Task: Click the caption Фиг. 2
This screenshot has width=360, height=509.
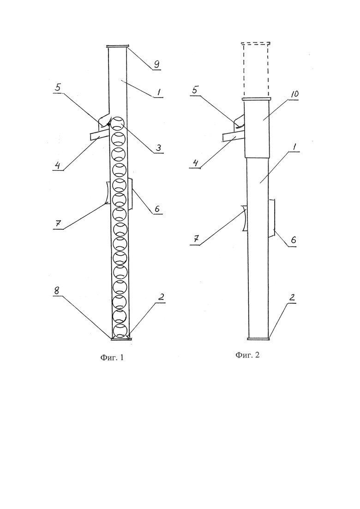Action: pos(247,355)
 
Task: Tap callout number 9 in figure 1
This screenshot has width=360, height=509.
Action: pos(156,64)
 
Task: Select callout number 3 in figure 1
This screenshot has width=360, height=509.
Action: pos(158,148)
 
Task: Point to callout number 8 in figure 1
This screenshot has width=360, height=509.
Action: pos(57,291)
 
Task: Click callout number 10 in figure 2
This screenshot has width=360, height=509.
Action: pos(295,94)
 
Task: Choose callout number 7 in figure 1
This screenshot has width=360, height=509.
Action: pos(59,224)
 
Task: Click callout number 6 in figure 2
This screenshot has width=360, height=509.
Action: pos(293,240)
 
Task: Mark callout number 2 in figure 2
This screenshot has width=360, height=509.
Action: pos(292,297)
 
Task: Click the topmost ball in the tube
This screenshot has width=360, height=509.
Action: pos(118,124)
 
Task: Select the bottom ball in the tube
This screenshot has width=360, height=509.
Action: pos(120,330)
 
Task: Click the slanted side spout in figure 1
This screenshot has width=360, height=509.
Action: pos(100,136)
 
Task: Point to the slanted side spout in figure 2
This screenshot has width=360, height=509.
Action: pos(234,138)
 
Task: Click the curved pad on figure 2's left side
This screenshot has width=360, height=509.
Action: pos(245,218)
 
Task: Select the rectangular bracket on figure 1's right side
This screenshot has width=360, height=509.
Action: pos(130,194)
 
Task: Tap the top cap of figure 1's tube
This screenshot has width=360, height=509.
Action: pos(118,47)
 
